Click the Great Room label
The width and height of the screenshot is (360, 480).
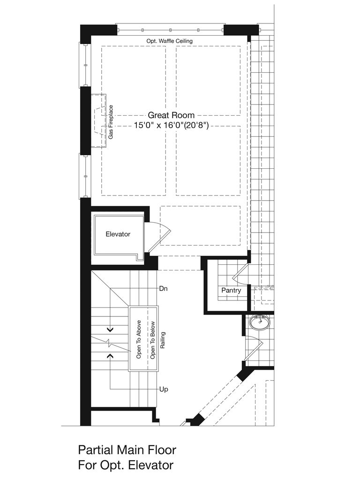(171, 115)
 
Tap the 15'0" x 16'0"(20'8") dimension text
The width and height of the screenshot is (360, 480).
(171, 125)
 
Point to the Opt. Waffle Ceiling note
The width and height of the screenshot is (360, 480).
(169, 41)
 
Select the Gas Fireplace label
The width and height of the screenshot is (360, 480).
(111, 122)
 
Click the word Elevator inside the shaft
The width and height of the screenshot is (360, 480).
(118, 234)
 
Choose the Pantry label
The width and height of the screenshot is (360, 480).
(231, 290)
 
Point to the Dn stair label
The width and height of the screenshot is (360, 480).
(163, 288)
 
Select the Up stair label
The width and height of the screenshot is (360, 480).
(164, 390)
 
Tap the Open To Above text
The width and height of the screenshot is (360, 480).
(139, 339)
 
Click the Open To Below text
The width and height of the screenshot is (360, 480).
(152, 340)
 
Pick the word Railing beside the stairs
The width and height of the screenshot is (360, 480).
(163, 340)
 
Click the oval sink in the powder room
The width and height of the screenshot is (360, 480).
(260, 322)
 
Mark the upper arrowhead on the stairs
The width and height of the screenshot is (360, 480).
(110, 330)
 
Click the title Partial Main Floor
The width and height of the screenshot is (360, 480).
(127, 450)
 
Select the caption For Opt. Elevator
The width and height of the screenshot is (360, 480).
(126, 465)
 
